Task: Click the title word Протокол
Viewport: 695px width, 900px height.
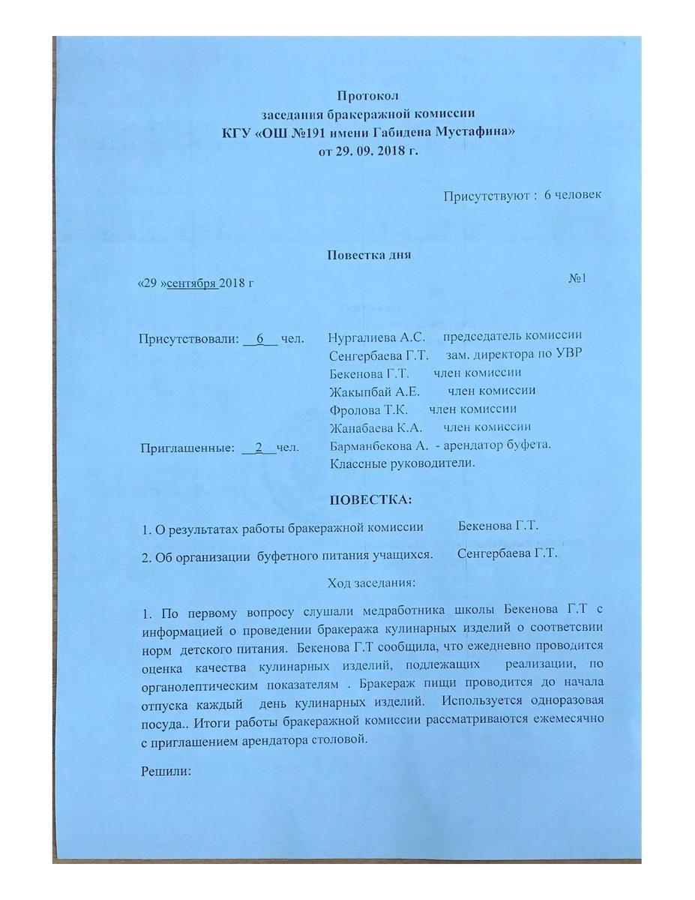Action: (x=368, y=96)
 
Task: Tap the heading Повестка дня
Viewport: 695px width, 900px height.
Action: (x=369, y=254)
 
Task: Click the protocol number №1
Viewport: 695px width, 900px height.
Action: (x=577, y=278)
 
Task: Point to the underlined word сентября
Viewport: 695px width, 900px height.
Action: (x=192, y=282)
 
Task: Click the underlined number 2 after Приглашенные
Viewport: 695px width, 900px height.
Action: (x=259, y=448)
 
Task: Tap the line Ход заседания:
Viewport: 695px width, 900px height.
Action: (x=371, y=582)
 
